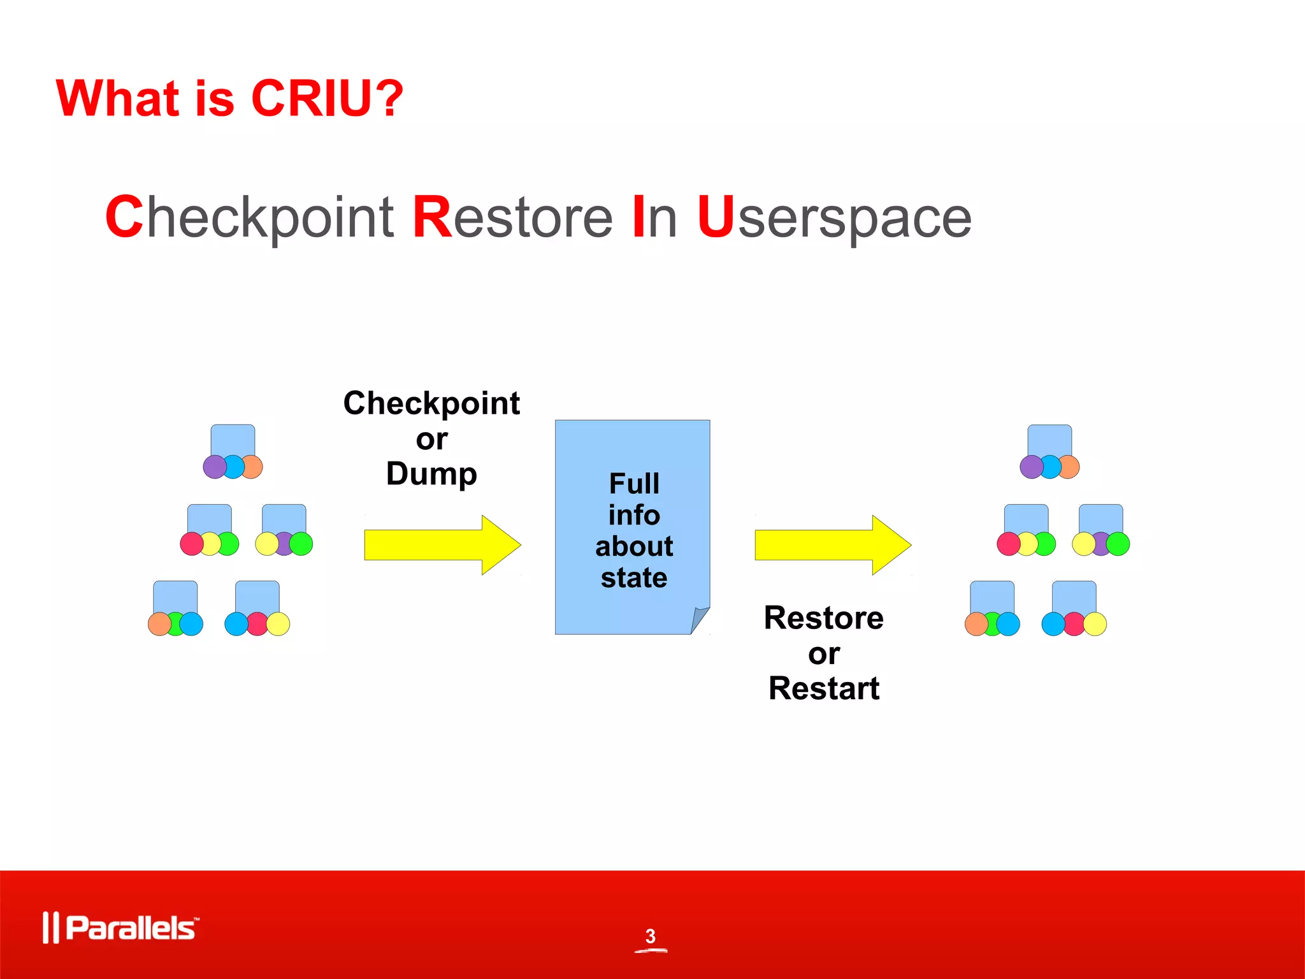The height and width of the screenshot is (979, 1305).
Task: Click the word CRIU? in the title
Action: click(327, 98)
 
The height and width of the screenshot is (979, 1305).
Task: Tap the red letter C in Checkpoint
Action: click(124, 217)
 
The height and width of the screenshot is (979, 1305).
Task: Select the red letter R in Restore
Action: click(432, 217)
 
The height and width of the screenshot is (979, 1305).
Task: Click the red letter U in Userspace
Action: click(716, 217)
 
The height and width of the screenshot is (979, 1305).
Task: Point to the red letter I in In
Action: click(638, 217)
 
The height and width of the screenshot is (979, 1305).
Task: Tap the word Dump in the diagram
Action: click(431, 474)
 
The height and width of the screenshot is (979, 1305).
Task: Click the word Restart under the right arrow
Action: click(824, 688)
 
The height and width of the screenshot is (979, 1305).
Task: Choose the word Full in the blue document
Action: click(634, 484)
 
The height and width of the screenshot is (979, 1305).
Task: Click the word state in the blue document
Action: click(634, 578)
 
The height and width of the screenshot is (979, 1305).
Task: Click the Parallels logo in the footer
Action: click(120, 928)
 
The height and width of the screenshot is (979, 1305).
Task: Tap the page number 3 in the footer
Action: click(650, 936)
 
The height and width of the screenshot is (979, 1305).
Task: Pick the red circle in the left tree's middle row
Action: click(191, 544)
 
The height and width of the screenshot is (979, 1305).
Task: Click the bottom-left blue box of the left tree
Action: click(175, 596)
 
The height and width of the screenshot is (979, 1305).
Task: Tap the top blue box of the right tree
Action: click(1049, 440)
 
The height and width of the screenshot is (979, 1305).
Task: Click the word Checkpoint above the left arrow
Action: click(431, 403)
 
